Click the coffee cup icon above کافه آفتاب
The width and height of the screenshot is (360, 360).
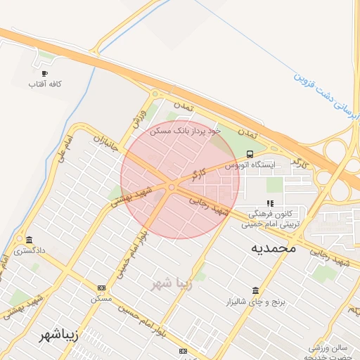(45, 73)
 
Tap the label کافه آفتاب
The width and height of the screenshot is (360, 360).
(45, 84)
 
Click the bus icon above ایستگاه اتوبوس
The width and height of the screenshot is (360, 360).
(250, 154)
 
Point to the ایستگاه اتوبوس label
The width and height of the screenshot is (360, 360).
(251, 165)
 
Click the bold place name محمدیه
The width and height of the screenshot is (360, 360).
(273, 249)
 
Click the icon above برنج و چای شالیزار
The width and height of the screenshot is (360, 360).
(254, 291)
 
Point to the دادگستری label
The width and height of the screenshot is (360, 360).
(31, 250)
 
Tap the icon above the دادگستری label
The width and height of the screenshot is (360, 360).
(29, 239)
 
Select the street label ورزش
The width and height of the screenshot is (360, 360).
(138, 117)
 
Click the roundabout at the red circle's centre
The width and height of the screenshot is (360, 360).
(172, 186)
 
